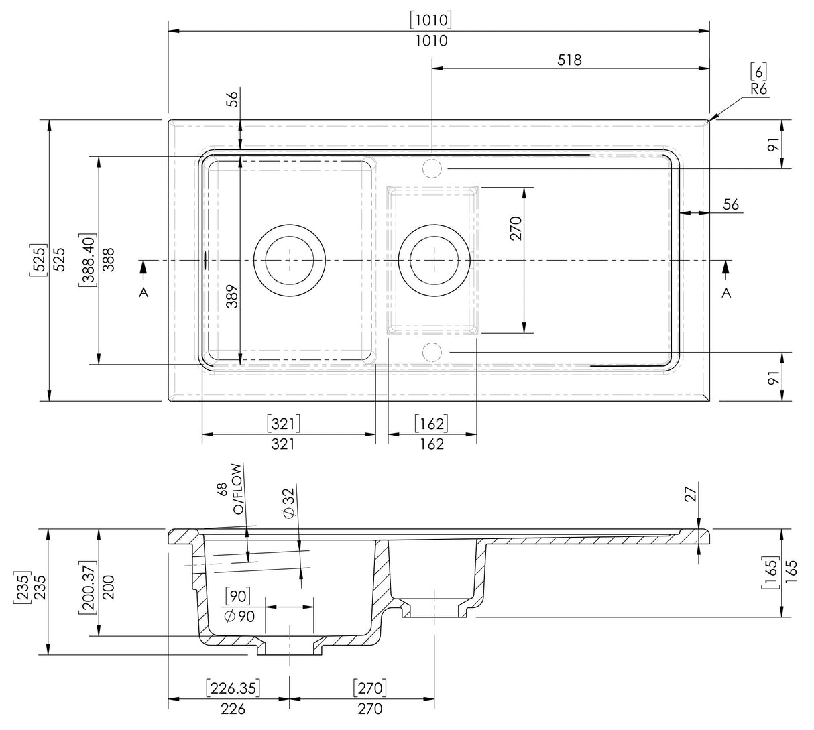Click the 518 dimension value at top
[569, 60]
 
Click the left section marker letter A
[143, 292]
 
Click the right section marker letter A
[726, 292]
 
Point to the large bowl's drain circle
[290, 259]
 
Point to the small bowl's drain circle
[434, 259]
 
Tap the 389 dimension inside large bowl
[231, 296]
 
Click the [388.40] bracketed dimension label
[88, 261]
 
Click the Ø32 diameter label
[289, 502]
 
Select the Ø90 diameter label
[239, 617]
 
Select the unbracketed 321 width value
[283, 444]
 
